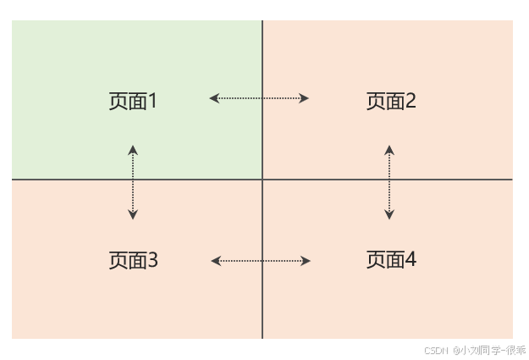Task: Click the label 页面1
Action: tap(133, 101)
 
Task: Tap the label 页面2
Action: tap(391, 101)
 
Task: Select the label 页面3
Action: tap(133, 260)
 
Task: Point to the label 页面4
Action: tap(391, 259)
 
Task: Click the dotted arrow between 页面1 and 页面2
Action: tap(259, 98)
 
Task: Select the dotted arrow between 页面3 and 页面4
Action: tap(260, 261)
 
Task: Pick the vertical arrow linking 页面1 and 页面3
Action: tap(133, 182)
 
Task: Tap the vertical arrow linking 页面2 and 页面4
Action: tap(389, 182)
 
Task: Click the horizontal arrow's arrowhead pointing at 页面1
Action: tap(214, 98)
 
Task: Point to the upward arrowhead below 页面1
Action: tap(133, 150)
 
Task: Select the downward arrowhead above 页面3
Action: tap(133, 215)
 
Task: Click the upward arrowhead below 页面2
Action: tap(389, 150)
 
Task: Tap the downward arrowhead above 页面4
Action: tap(389, 215)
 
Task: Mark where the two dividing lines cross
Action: tap(262, 180)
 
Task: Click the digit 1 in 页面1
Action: tap(153, 101)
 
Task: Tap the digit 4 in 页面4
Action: tap(411, 259)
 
